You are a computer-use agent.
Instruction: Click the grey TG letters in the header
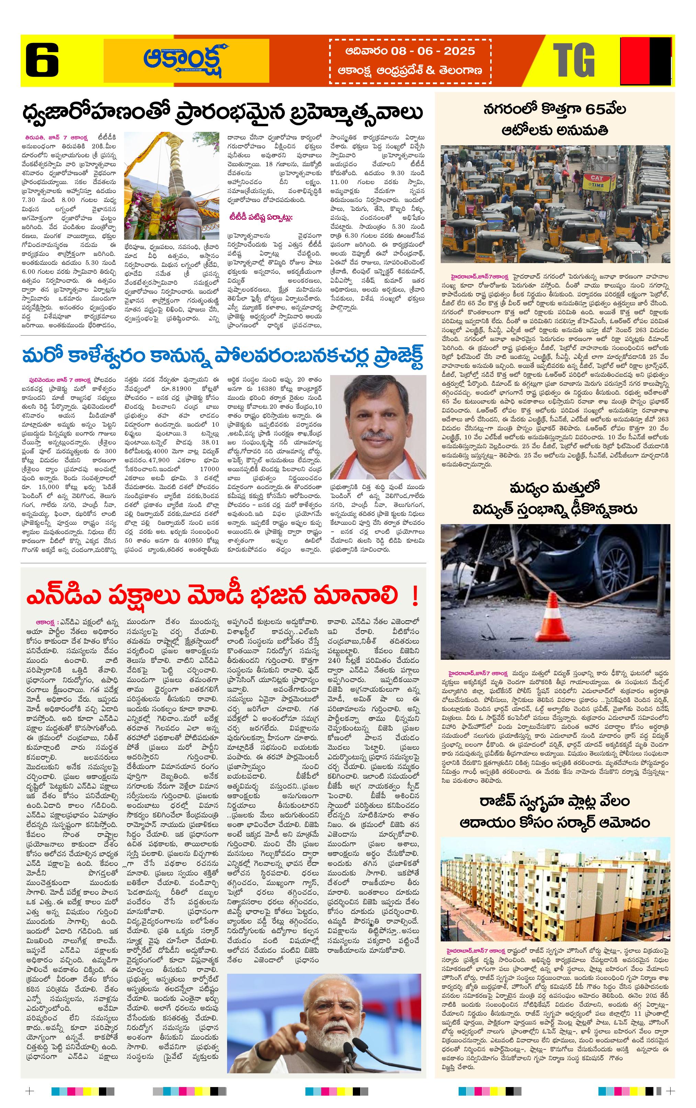coord(574,60)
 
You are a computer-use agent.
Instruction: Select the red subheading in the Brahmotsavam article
coord(261,217)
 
